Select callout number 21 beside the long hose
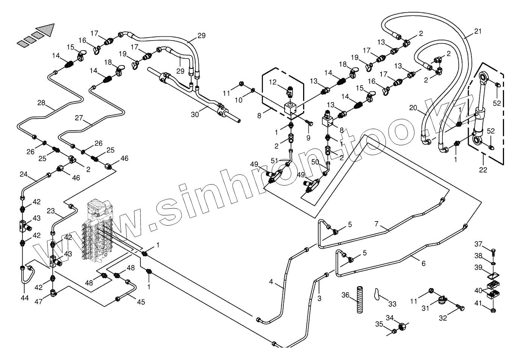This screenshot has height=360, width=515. pyautogui.click(x=478, y=31)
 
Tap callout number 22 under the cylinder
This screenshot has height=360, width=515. pyautogui.click(x=483, y=170)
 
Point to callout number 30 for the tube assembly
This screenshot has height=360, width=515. pyautogui.click(x=195, y=114)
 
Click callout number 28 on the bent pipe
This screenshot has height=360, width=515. pyautogui.click(x=41, y=103)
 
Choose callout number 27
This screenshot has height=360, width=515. pyautogui.click(x=78, y=118)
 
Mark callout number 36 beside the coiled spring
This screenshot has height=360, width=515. pyautogui.click(x=345, y=295)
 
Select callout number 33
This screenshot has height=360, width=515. pyautogui.click(x=392, y=303)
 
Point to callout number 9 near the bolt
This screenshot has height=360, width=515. pyautogui.click(x=308, y=138)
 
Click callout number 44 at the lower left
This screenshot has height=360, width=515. pyautogui.click(x=25, y=298)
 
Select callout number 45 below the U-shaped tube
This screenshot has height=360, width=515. pyautogui.click(x=141, y=302)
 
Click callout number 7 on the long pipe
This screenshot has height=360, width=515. pyautogui.click(x=377, y=223)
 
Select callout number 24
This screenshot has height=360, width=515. pyautogui.click(x=24, y=175)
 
